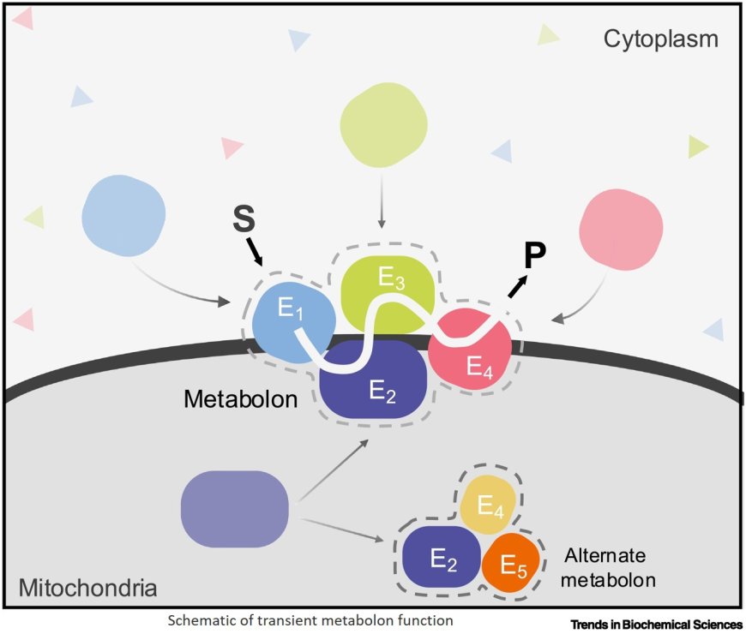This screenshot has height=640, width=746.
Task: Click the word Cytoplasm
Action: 660,39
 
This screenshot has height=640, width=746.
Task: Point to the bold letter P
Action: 535,256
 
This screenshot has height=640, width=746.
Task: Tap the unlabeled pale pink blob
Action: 621,228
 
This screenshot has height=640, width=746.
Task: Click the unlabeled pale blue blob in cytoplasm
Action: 123,214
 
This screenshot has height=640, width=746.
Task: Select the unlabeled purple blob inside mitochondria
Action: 233,510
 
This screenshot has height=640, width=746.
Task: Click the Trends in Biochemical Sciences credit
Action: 655,625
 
